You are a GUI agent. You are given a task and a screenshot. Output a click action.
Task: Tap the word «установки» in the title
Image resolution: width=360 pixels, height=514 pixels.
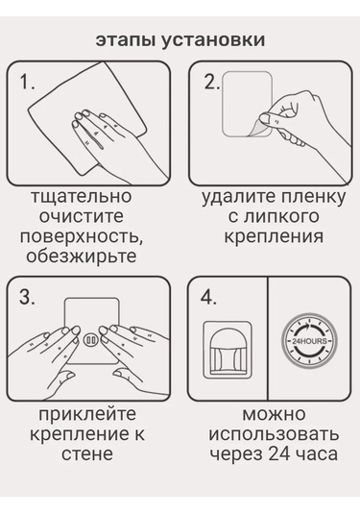212,40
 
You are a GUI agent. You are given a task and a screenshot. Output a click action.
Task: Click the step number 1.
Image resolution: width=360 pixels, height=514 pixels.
27,82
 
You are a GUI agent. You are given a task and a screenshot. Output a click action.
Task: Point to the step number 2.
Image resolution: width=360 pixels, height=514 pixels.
211,82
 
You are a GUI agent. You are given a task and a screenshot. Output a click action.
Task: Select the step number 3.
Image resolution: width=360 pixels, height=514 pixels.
27,297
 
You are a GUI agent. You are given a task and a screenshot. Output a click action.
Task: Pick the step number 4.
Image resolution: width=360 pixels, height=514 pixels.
208,297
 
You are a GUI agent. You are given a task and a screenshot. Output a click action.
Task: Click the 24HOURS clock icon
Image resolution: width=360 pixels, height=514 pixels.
309,341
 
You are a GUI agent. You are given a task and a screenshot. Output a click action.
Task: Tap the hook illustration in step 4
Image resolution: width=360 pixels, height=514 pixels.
228,350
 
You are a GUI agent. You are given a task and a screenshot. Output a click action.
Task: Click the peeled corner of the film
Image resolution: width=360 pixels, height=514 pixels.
258,129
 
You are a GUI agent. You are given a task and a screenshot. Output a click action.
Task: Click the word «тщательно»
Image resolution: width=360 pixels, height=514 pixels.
82,196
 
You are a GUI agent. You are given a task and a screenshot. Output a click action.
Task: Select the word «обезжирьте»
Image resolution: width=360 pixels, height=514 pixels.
82,256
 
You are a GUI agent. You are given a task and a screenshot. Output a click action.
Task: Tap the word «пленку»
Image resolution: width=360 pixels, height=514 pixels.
311,197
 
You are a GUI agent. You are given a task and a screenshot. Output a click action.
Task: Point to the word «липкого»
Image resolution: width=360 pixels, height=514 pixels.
280,217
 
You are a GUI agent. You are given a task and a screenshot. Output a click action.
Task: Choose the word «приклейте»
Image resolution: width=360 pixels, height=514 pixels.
87,414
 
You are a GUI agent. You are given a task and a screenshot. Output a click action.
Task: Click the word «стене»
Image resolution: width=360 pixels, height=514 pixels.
87,454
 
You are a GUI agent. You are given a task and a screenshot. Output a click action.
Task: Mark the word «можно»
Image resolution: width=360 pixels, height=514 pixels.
274,414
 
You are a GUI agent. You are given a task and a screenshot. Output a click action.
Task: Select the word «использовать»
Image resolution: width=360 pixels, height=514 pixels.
274,434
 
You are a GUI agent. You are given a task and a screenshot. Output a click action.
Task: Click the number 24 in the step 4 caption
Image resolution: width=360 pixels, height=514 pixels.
278,454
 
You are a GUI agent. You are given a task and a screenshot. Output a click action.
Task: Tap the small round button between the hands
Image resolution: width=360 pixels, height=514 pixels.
89,340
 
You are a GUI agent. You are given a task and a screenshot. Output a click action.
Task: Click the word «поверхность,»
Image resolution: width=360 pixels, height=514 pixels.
82,236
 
